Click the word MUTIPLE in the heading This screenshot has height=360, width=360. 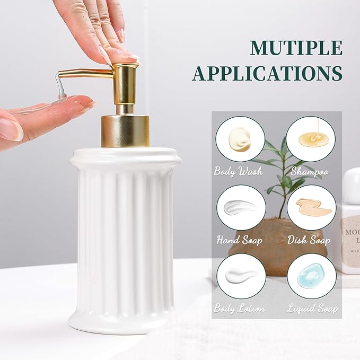[x=296, y=48]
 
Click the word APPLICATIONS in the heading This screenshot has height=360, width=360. [x=267, y=74]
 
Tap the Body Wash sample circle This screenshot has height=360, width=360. [x=240, y=139]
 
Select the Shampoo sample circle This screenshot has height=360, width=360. [x=311, y=139]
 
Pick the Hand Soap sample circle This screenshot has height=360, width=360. [x=240, y=207]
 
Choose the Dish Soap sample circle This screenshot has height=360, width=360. [x=311, y=207]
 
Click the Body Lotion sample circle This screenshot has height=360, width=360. [x=240, y=276]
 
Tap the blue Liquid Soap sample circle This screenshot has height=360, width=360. [x=311, y=276]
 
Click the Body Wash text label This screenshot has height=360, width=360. [x=239, y=172]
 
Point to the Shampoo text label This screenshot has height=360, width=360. [x=310, y=172]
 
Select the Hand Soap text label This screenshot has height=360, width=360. [x=239, y=240]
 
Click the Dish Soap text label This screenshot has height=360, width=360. [x=310, y=240]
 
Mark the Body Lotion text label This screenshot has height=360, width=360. [x=239, y=308]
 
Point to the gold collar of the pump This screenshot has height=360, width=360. [x=125, y=130]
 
